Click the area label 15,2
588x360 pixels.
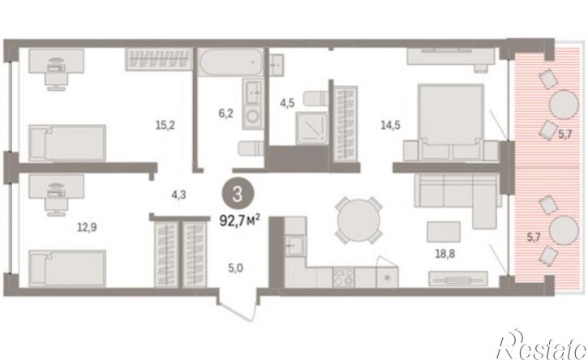(165, 125)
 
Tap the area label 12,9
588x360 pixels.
(87, 227)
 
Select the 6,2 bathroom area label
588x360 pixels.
(225, 113)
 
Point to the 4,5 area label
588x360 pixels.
(287, 103)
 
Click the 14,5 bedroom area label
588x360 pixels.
(390, 125)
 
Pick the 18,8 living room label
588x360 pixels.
(444, 254)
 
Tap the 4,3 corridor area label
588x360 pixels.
(178, 195)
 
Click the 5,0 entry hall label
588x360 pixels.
(235, 268)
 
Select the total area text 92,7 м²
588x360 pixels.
(239, 221)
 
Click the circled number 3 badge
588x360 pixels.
(238, 195)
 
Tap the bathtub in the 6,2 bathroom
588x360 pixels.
(230, 62)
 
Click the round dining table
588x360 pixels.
(358, 220)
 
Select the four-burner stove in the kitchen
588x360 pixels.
(344, 277)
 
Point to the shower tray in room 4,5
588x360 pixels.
(312, 128)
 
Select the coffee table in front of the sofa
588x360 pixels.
(444, 232)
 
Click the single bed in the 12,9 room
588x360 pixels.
(67, 268)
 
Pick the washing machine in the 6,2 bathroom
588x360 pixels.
(252, 116)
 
